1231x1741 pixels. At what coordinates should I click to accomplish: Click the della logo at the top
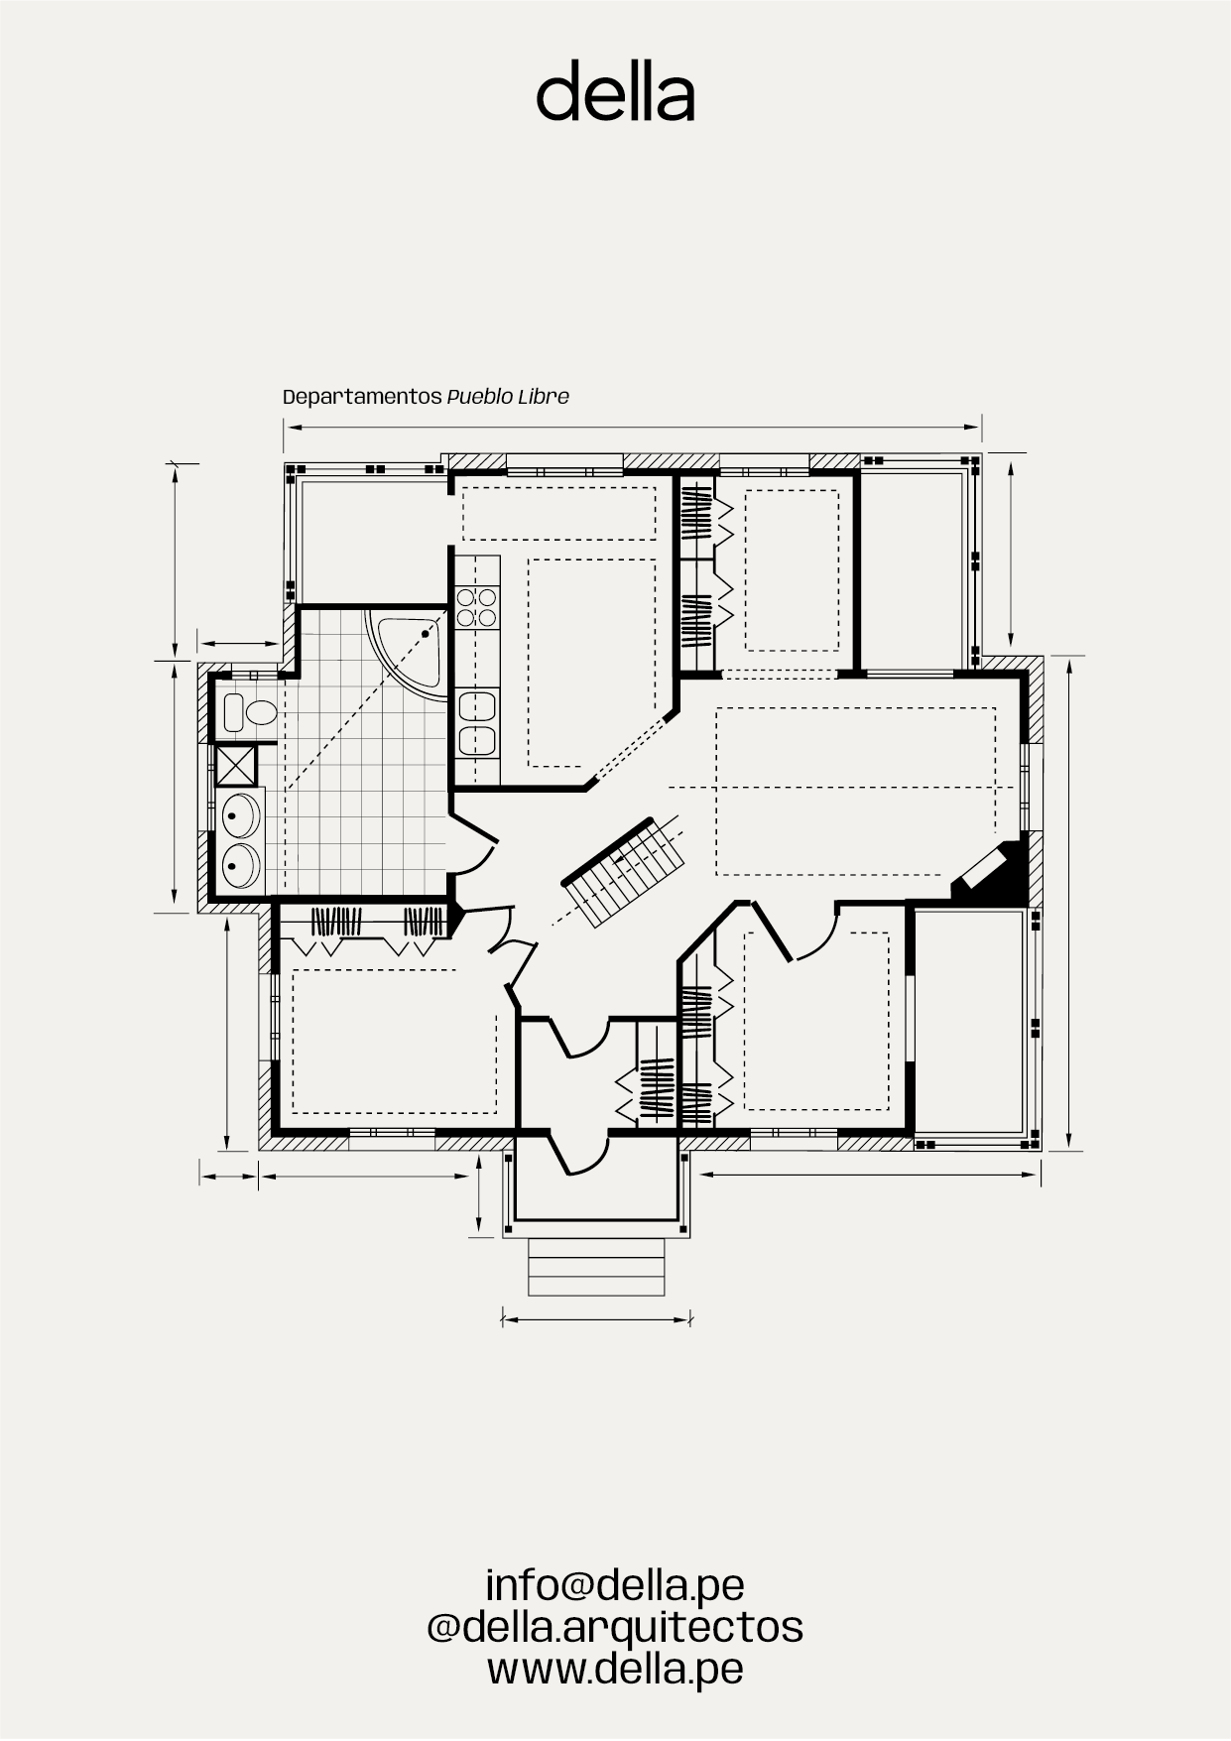point(615,91)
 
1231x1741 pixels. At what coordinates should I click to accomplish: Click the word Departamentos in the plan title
point(362,397)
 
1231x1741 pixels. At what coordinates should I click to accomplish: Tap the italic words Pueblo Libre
point(508,397)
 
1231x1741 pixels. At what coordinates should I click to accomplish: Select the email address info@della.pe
point(615,1584)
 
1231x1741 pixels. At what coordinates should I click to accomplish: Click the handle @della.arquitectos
point(615,1627)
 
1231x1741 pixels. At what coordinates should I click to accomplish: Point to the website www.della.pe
point(615,1670)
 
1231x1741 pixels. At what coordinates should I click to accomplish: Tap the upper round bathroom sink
point(239,816)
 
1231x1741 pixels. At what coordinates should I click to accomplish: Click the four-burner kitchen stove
point(476,607)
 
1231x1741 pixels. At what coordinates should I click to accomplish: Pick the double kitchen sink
point(477,723)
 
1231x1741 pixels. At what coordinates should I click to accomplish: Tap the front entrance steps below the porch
point(596,1267)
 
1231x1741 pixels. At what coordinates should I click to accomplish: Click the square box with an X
point(236,765)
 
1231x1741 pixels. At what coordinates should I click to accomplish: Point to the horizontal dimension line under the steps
point(596,1320)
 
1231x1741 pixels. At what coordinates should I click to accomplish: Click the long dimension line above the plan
point(632,428)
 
